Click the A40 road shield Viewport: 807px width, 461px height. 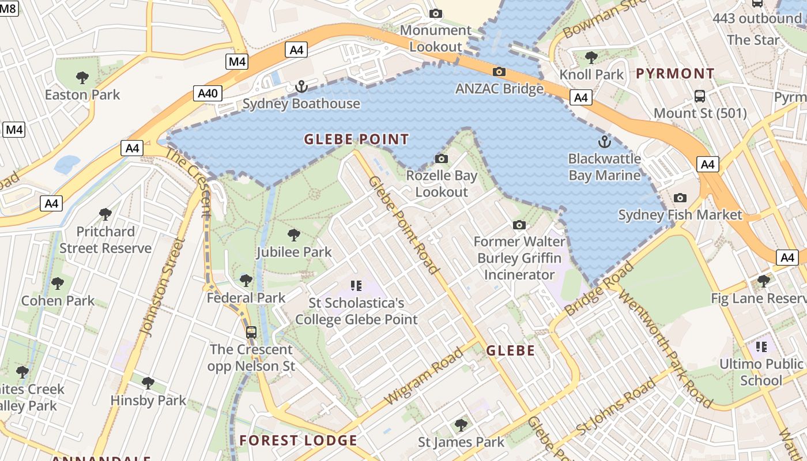tap(208, 93)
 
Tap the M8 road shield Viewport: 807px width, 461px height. tap(9, 7)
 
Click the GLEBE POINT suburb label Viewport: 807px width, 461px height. tap(356, 139)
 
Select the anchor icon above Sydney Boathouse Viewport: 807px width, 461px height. tap(301, 87)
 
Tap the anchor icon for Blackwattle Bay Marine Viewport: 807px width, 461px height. tap(604, 141)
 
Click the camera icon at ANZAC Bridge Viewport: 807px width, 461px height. tap(499, 72)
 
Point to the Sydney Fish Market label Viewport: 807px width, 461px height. tap(680, 215)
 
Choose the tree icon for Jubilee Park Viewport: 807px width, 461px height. tap(294, 235)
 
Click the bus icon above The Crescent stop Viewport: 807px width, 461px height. tap(251, 332)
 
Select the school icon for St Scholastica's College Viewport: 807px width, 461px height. tap(356, 285)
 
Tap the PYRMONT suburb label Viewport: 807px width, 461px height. tap(675, 74)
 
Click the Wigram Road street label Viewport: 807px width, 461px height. tap(424, 376)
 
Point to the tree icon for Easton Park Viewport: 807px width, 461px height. tap(82, 77)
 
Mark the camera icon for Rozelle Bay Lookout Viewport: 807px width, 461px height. tap(442, 158)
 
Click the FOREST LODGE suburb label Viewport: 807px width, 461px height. tap(298, 441)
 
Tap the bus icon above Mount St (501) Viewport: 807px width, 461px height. tap(700, 96)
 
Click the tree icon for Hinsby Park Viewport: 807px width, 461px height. tap(148, 383)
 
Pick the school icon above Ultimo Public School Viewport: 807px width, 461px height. tap(761, 346)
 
